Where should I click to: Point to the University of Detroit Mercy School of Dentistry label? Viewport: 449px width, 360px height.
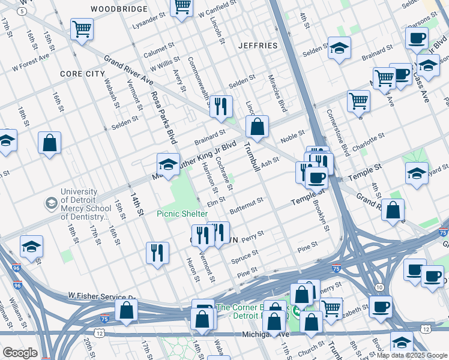pos(84,205)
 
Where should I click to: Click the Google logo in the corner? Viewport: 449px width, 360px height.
pos(20,353)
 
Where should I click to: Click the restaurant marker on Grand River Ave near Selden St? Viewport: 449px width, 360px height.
pos(221,106)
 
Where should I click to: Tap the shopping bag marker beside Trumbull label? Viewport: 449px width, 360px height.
pos(257,127)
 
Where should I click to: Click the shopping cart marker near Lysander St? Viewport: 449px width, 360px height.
pos(81,28)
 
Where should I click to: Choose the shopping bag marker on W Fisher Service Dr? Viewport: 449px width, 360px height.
pos(126,310)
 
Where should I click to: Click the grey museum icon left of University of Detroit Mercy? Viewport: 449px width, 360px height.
pos(51,204)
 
